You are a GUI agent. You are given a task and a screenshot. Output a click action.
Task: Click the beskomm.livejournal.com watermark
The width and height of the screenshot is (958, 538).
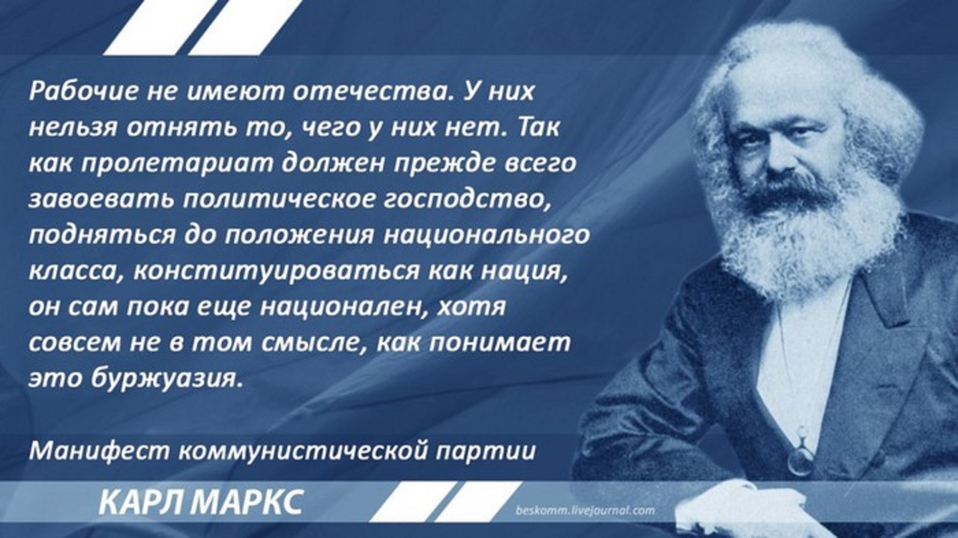click(x=585, y=510)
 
